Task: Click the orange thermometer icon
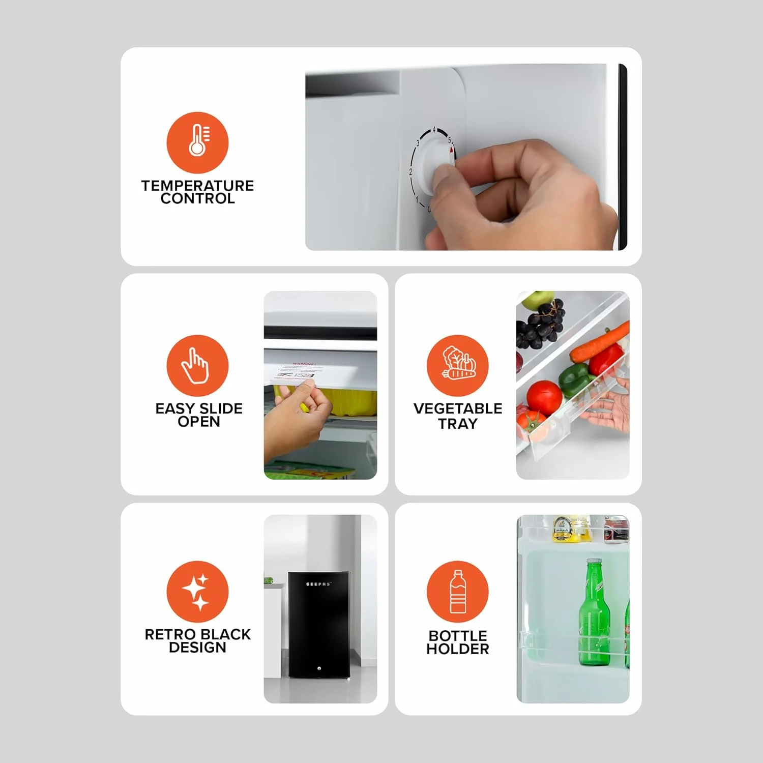point(197,142)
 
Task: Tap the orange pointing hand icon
point(197,365)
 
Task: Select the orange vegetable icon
point(457,365)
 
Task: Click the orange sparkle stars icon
point(197,592)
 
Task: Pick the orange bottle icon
point(457,592)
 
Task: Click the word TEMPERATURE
point(197,186)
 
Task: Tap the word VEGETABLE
point(457,408)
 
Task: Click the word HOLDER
point(457,649)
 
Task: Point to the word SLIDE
point(220,408)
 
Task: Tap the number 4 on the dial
point(434,130)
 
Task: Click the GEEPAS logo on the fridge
point(318,584)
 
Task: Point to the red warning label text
point(303,364)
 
